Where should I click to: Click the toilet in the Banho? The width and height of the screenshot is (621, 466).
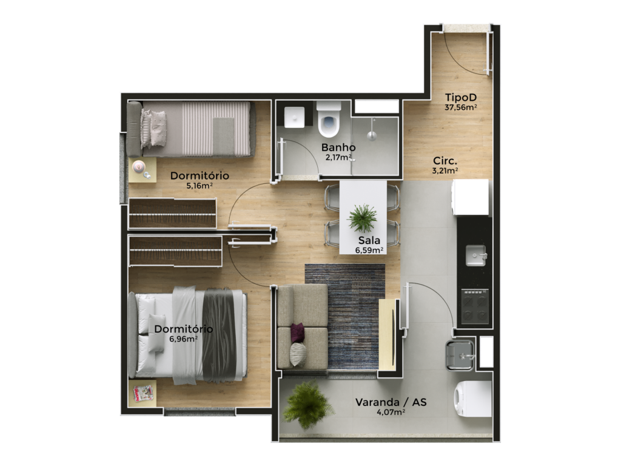[x=329, y=119]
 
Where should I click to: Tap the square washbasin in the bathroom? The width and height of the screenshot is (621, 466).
[x=294, y=117]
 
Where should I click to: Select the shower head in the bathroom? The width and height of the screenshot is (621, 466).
[x=372, y=131]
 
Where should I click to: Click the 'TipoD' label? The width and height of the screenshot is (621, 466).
[x=461, y=98]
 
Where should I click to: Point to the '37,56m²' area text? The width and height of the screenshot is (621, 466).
[x=461, y=107]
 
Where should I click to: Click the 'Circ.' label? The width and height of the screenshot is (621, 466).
[x=445, y=161]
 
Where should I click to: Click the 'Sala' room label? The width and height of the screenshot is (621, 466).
[x=369, y=240]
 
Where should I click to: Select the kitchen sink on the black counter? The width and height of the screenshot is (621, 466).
[x=475, y=255]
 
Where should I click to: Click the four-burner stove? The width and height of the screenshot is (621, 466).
[x=475, y=307]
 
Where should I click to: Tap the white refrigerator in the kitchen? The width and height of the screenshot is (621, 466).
[x=471, y=197]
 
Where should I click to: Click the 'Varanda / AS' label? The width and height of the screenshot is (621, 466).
[x=391, y=402]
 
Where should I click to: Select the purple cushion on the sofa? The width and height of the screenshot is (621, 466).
[x=297, y=333]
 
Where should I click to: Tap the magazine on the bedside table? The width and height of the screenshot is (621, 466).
[x=143, y=393]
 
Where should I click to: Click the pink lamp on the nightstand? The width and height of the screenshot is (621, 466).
[x=139, y=166]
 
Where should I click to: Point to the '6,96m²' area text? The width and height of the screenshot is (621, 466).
[x=183, y=339]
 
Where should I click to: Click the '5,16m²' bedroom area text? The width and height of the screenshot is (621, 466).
[x=200, y=186]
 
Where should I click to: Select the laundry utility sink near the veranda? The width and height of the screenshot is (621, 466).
[x=460, y=355]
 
